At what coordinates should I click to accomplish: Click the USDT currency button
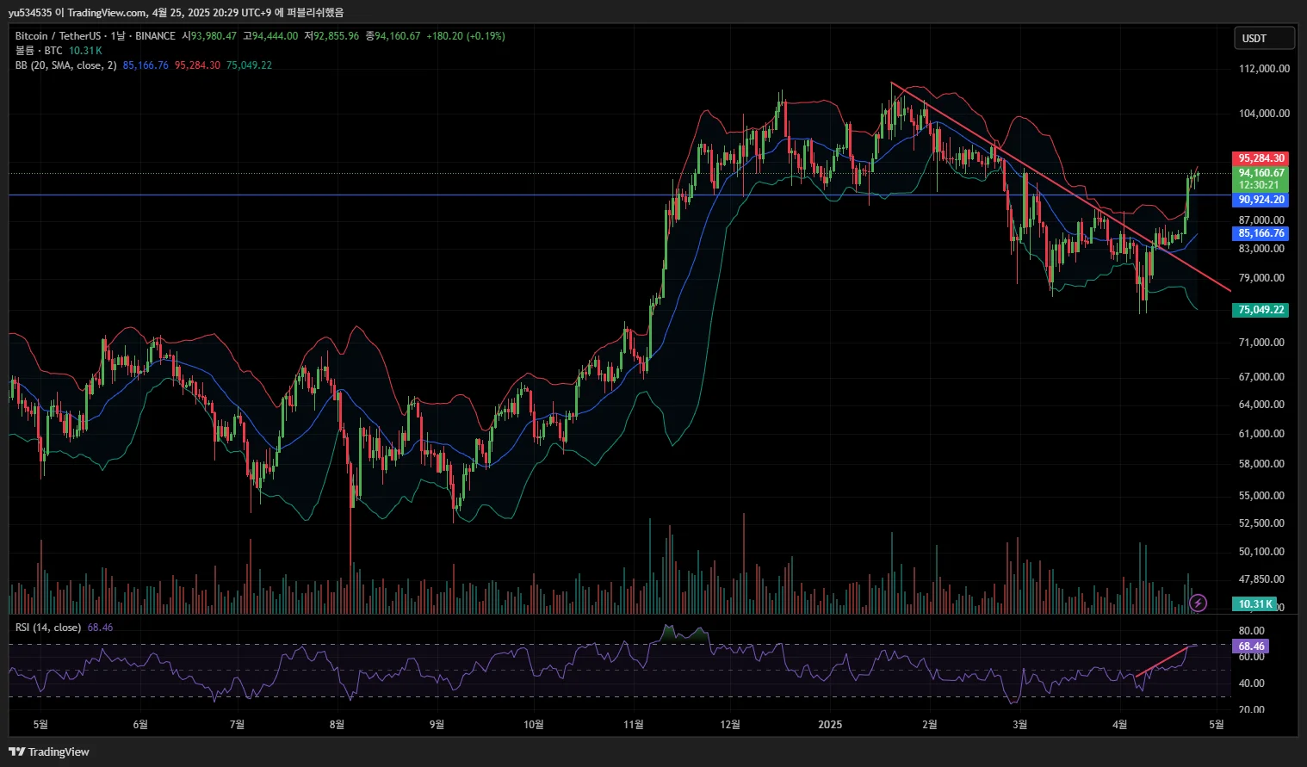1263,39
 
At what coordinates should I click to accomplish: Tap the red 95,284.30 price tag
1261,158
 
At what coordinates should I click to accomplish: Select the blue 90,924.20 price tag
1261,200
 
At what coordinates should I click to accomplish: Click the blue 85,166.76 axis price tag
1261,233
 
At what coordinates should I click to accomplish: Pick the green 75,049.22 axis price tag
1261,310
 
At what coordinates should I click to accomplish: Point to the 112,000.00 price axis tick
1264,69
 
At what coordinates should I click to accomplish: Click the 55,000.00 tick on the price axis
1261,496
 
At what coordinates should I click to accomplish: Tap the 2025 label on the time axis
830,725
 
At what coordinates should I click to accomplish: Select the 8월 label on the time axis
337,725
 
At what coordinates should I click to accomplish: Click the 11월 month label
634,725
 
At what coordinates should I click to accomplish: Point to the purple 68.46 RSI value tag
1251,646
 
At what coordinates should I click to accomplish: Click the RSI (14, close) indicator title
48,628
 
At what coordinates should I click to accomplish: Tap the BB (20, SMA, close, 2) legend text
65,65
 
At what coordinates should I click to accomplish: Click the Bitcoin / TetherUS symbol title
58,36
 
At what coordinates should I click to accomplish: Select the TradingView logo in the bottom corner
50,752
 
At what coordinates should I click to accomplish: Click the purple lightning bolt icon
1198,603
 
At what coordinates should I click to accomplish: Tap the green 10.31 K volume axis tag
1255,604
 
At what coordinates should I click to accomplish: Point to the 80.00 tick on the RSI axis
1251,631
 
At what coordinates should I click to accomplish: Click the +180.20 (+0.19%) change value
466,36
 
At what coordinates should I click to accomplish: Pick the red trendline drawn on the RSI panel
1162,660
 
